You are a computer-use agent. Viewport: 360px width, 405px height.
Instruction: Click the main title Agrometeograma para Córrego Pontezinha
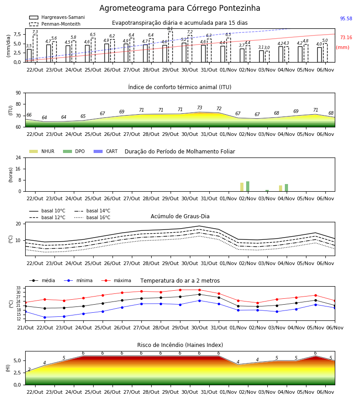[x=180, y=8]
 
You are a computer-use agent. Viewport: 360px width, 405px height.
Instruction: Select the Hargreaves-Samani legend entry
[x=57, y=17]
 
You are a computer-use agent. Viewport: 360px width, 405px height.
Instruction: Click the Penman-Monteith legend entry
[x=55, y=24]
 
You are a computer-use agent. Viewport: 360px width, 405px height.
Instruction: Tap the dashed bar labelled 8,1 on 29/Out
[x=170, y=47]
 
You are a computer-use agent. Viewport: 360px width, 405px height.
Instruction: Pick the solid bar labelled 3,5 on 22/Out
[x=29, y=55]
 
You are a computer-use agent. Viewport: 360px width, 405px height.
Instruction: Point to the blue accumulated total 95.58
[x=346, y=18]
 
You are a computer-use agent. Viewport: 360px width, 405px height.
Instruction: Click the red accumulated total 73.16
[x=346, y=37]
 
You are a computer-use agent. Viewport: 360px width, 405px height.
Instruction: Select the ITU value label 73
[x=199, y=108]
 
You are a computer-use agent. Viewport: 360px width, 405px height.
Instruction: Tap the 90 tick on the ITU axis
[x=18, y=93]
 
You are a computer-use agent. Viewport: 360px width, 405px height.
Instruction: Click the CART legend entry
[x=106, y=151]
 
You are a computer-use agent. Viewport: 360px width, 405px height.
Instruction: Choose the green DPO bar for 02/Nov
[x=247, y=186]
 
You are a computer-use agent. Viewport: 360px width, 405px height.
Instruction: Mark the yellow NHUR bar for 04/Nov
[x=280, y=188]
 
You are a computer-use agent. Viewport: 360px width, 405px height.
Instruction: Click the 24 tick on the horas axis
[x=18, y=157]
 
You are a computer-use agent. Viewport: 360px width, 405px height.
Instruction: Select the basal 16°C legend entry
[x=92, y=217]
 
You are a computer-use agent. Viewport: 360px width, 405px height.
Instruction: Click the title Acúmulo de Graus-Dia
[x=180, y=216]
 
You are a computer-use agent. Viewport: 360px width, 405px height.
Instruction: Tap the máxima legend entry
[x=116, y=280]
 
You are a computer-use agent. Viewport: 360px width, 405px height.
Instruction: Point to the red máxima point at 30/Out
[x=199, y=290]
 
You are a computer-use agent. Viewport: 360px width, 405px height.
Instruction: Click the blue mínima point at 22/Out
[x=45, y=317]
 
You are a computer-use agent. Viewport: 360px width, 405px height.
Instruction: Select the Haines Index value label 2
[x=29, y=369]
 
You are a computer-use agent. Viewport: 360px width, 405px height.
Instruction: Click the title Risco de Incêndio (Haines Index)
[x=180, y=345]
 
